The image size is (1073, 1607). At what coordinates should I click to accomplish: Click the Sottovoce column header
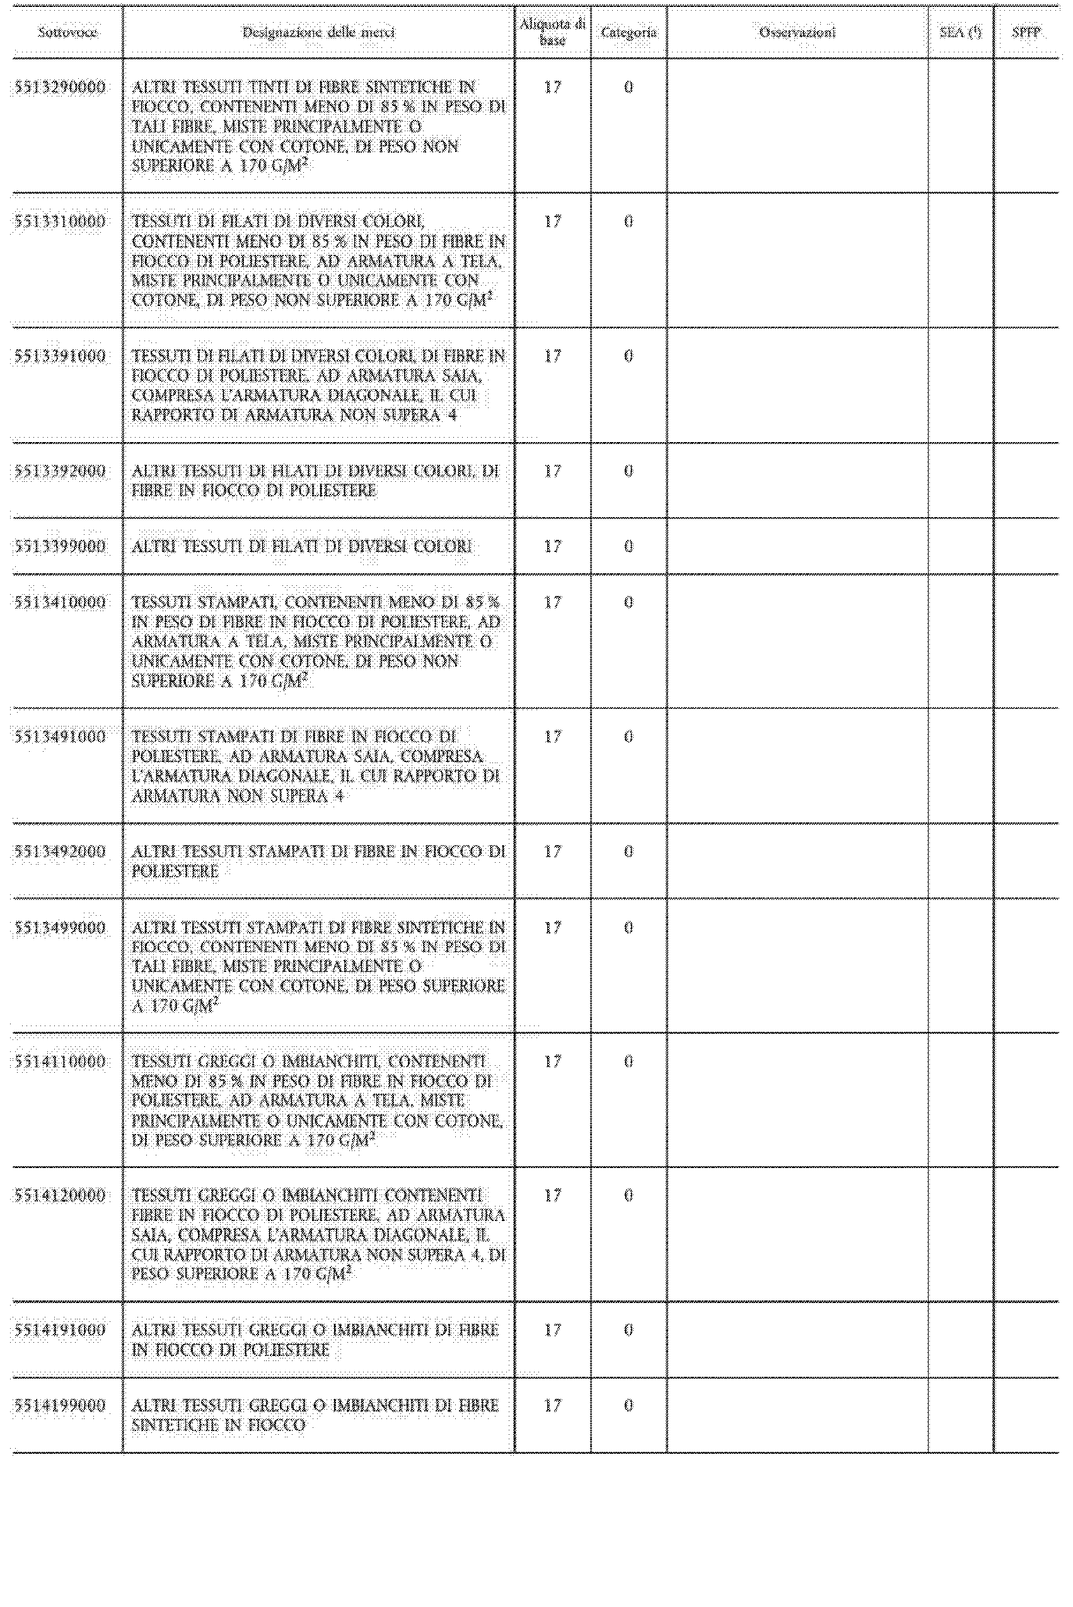tap(67, 32)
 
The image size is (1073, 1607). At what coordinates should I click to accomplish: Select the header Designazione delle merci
tap(318, 32)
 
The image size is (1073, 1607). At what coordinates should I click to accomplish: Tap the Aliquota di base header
tap(552, 32)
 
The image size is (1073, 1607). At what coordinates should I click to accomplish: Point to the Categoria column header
tap(628, 32)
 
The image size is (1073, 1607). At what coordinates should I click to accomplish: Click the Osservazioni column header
tap(797, 32)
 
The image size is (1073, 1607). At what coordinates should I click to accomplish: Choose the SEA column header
tap(960, 32)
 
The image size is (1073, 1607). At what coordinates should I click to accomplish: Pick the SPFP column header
tap(1026, 32)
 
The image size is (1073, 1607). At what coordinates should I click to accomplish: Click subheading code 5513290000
tap(61, 88)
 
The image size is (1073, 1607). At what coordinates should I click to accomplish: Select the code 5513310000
tap(61, 222)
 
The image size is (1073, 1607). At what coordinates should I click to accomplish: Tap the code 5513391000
tap(61, 356)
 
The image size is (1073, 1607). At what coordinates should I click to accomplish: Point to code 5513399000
tap(61, 546)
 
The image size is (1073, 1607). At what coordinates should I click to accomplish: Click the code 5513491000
tap(61, 737)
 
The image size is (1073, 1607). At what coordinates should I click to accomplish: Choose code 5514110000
tap(61, 1061)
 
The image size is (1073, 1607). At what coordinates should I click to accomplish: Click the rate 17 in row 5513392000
tap(552, 471)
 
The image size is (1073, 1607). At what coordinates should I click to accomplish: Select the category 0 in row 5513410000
tap(628, 602)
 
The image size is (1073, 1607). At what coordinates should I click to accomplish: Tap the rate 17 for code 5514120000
tap(552, 1196)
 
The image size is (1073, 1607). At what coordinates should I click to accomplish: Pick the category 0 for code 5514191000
tap(628, 1330)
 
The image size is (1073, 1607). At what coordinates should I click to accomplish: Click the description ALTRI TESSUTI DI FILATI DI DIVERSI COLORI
tap(302, 546)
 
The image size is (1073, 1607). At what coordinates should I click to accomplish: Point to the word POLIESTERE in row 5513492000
tap(175, 871)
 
